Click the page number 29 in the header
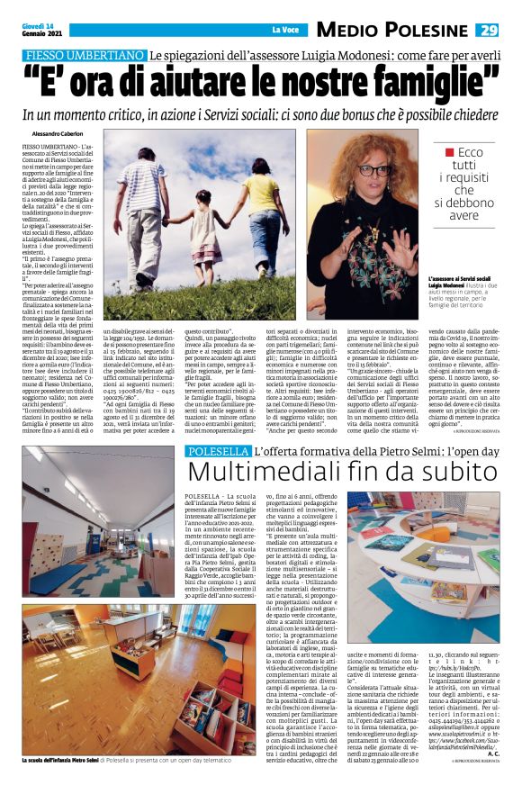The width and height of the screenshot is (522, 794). click(x=487, y=30)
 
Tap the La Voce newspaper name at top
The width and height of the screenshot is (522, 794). click(x=283, y=30)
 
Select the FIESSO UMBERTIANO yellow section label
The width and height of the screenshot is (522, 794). click(x=84, y=56)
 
